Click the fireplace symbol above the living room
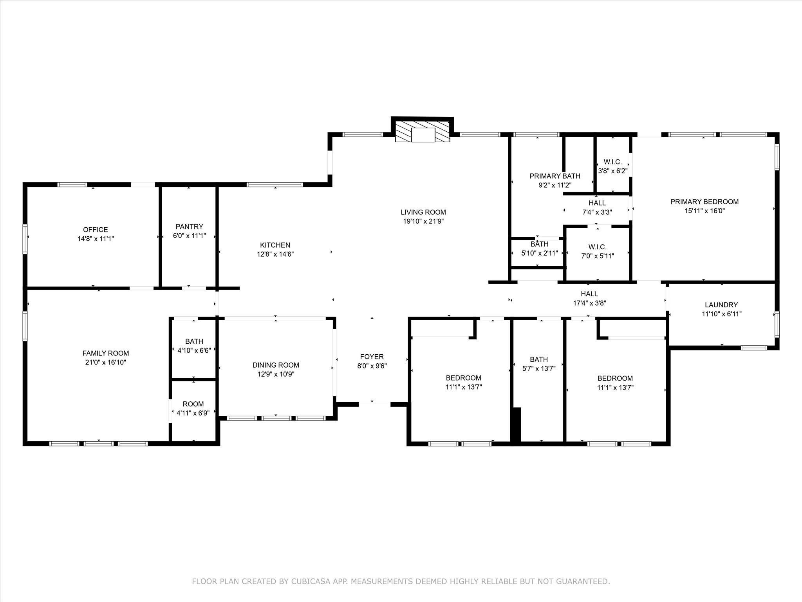point(422,131)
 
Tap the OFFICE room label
point(96,230)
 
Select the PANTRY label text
point(190,227)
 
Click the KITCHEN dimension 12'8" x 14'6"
point(275,254)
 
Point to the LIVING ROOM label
point(423,212)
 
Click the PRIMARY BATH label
point(555,176)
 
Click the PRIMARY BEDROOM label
point(704,202)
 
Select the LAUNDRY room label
point(721,305)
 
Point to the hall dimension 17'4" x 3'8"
point(589,303)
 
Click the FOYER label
point(372,357)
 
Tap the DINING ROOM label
point(276,365)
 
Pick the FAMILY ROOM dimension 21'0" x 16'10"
point(106,363)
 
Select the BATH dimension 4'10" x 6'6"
point(194,351)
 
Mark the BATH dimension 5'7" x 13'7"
point(539,368)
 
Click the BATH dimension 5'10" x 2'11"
point(540,253)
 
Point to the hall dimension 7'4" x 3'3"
point(597,212)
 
